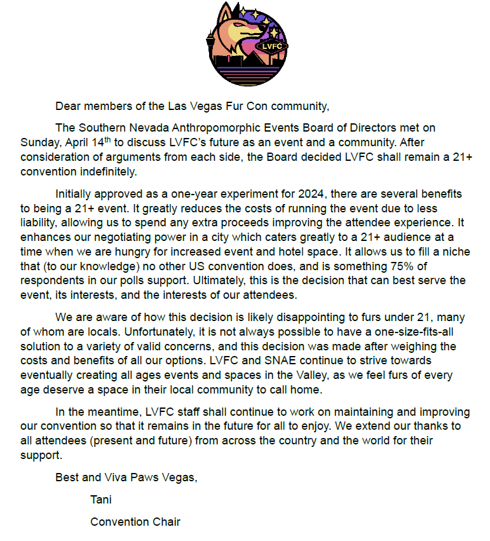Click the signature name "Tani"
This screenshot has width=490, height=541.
tap(101, 500)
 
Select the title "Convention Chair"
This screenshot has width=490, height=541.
tap(135, 522)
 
